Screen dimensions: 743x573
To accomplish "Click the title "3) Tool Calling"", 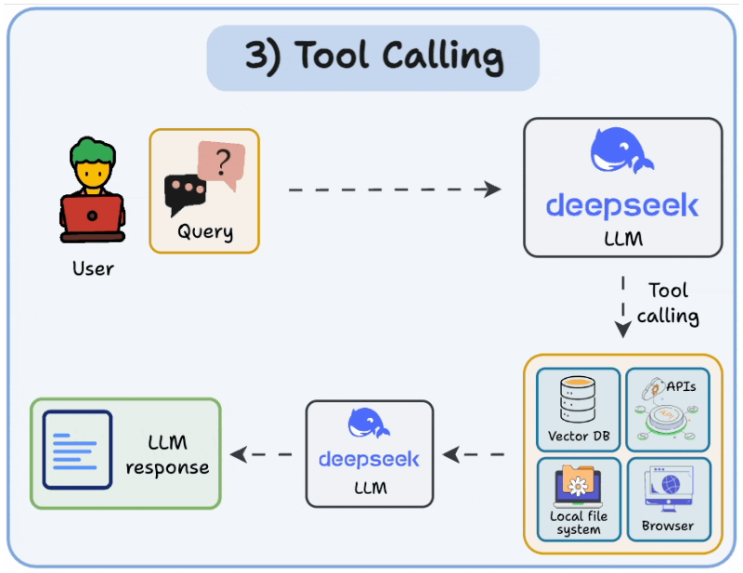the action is click(374, 58).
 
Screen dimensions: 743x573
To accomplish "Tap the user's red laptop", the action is click(92, 215).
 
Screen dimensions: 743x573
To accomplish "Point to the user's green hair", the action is click(92, 150).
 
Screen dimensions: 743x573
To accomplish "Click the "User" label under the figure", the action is click(93, 268).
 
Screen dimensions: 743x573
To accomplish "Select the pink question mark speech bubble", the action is click(221, 163).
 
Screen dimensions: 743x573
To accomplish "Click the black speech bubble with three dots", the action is click(184, 194).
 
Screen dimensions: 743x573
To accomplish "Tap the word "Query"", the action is click(205, 232).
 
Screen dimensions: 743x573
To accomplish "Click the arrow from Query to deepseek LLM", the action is click(395, 189).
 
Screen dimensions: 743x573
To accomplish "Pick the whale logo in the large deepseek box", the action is click(621, 150).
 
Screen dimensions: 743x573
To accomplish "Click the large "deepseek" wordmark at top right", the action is click(622, 205).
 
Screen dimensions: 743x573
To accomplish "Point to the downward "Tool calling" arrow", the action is click(622, 306).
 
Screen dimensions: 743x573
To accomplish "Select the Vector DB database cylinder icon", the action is click(578, 399).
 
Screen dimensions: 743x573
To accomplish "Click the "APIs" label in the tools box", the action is click(681, 386).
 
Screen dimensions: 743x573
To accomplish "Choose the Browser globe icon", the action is click(669, 488).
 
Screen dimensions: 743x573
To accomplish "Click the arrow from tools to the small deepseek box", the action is click(474, 454).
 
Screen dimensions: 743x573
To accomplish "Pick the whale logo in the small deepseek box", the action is click(369, 423).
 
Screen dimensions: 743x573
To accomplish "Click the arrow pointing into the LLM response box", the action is click(261, 454).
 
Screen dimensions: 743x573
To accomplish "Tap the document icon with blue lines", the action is click(77, 449).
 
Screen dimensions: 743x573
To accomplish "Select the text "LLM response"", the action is click(167, 455).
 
